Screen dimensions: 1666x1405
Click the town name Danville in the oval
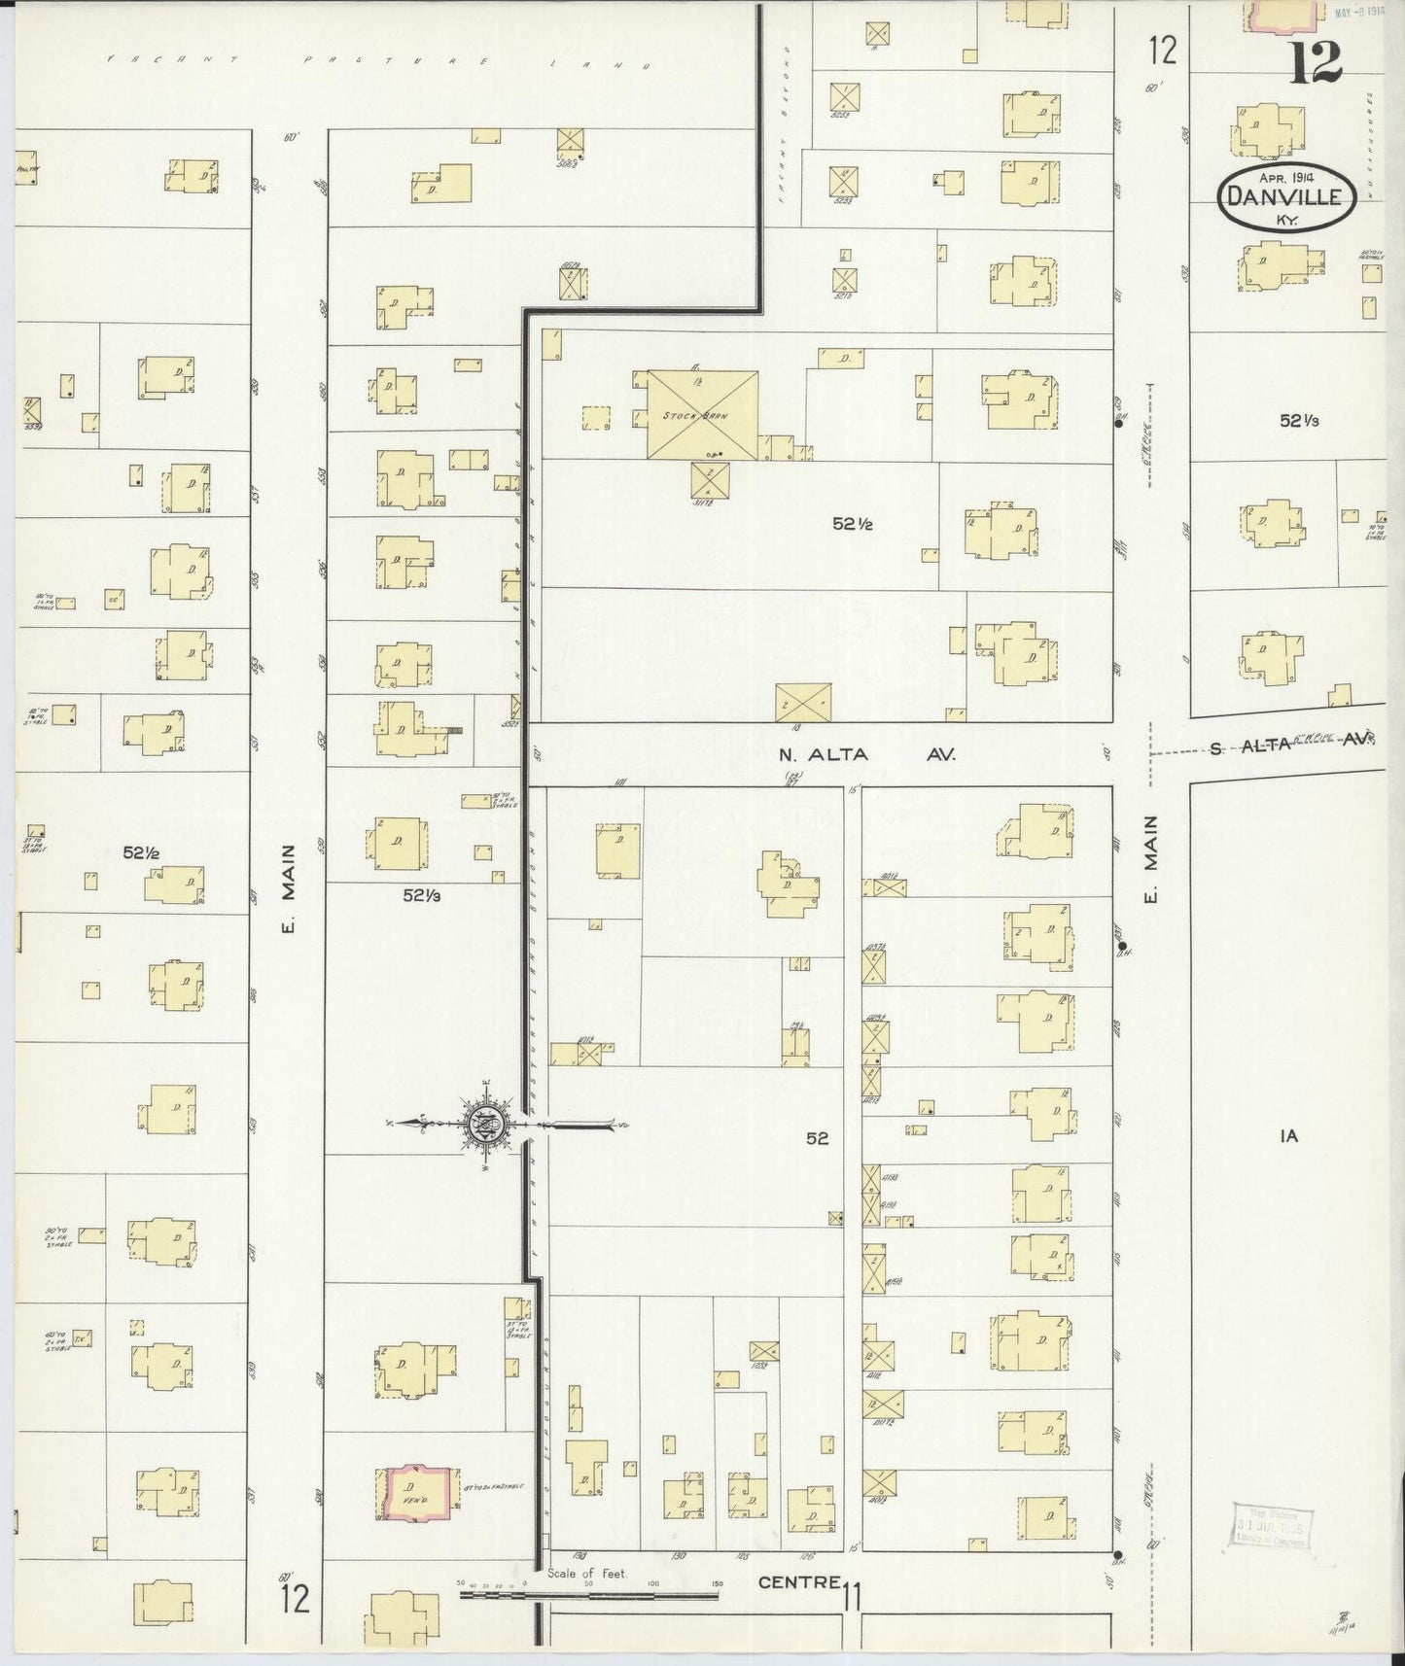[1285, 196]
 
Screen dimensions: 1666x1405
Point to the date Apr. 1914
[1285, 178]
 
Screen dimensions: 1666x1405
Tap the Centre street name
[799, 1581]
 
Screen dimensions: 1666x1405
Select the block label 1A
[1289, 1134]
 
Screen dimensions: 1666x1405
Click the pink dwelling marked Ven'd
[418, 1494]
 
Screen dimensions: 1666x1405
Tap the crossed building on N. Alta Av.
[803, 701]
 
